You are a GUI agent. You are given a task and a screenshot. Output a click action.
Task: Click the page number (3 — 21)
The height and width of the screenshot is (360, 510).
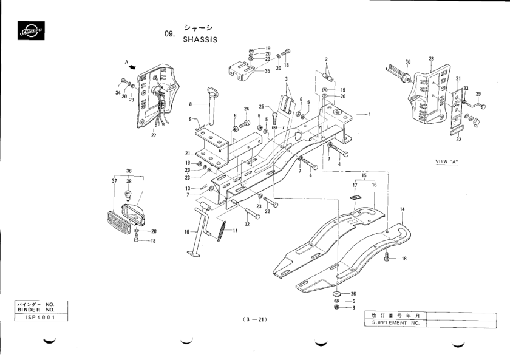click(254, 319)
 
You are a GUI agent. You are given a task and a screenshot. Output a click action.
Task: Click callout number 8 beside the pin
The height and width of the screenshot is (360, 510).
click(190, 104)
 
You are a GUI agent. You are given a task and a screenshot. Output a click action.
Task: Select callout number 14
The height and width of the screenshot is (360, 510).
click(401, 209)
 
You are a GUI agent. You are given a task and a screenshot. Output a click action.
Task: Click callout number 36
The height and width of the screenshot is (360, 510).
click(129, 171)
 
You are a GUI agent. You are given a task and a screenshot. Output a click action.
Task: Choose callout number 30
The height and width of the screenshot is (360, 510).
click(408, 62)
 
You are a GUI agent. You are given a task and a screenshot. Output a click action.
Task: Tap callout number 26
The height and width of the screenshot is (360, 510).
click(353, 294)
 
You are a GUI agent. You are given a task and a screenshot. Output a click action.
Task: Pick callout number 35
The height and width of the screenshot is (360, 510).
click(268, 71)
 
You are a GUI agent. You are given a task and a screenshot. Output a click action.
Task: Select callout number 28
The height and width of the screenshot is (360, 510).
click(431, 59)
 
